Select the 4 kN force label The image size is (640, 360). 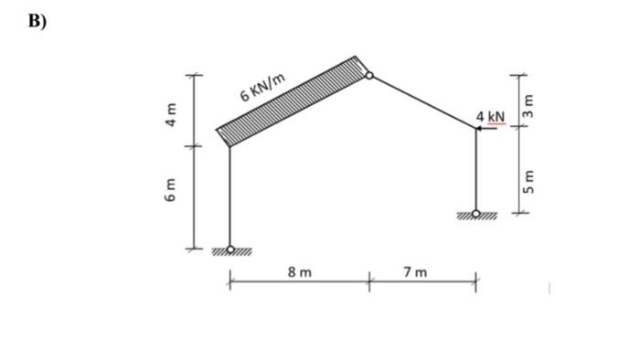pyautogui.click(x=490, y=116)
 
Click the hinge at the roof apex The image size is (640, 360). pyautogui.click(x=369, y=76)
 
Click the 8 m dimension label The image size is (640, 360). pyautogui.click(x=299, y=272)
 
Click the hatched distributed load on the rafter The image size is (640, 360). pyautogui.click(x=291, y=99)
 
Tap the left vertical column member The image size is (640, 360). pyautogui.click(x=229, y=196)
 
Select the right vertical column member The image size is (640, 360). pyautogui.click(x=475, y=169)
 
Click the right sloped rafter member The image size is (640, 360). pyautogui.click(x=422, y=102)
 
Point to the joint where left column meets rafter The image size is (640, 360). pyautogui.click(x=229, y=144)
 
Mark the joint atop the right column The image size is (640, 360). pyautogui.click(x=475, y=129)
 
